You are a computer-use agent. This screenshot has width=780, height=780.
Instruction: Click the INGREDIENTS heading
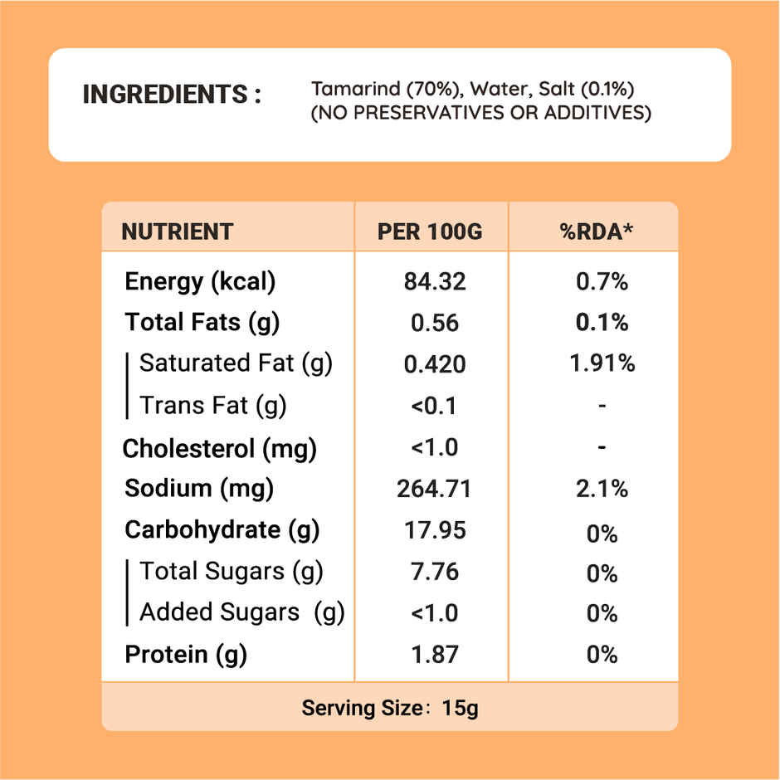[172, 95]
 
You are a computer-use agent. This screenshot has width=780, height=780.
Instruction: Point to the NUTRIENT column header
[178, 232]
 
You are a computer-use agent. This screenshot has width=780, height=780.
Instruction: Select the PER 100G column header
[430, 232]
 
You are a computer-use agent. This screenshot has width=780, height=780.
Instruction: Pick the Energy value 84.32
[435, 282]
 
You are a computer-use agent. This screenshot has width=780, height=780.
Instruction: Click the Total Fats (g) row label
[202, 322]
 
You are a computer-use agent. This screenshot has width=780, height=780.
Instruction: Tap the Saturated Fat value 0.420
[435, 364]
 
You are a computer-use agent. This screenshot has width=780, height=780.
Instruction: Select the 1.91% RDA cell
[602, 363]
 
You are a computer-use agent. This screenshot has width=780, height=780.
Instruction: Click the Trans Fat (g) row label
[212, 406]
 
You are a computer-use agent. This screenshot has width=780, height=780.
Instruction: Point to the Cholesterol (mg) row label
[220, 449]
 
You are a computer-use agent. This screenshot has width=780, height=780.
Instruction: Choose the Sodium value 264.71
[434, 489]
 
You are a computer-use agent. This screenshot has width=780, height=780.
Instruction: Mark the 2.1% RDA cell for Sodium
[602, 490]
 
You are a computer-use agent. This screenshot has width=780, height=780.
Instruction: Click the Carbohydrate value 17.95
[435, 530]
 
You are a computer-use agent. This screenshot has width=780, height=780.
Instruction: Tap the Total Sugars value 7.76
[435, 572]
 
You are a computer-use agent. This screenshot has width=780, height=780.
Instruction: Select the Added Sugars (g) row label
[241, 612]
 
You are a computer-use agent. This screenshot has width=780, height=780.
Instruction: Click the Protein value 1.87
[435, 655]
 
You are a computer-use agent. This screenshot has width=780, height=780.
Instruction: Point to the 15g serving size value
[461, 709]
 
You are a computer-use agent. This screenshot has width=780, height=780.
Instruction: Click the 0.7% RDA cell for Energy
[602, 282]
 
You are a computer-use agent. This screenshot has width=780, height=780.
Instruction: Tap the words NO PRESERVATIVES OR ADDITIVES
[480, 113]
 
